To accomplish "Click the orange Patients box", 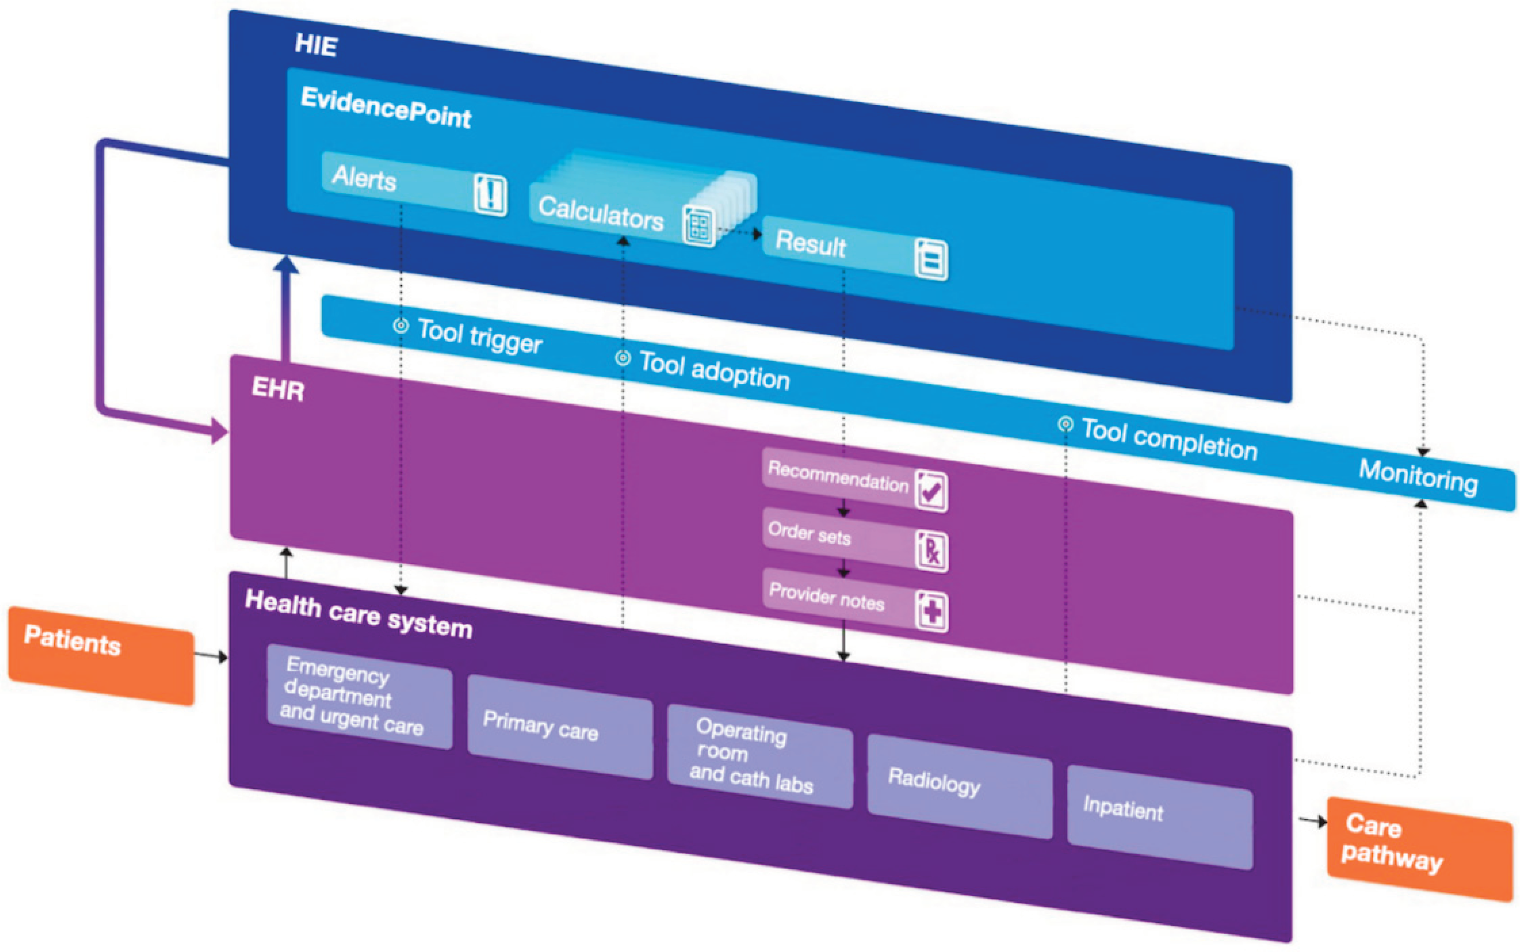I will (x=101, y=655).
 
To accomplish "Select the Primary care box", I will (x=560, y=727).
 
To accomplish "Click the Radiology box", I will (x=959, y=786).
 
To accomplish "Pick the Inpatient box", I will (x=1159, y=817).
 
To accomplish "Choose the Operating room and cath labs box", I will (x=760, y=755).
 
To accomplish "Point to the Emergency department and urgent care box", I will (x=359, y=696).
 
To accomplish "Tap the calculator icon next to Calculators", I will (x=699, y=225).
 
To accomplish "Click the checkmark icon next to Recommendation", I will (x=931, y=491).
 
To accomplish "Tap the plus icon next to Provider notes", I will (x=931, y=611).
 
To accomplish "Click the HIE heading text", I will (x=316, y=45).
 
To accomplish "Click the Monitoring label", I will (x=1418, y=477).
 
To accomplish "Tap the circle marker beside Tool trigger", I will (x=401, y=325).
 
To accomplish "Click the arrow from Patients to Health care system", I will (x=210, y=656).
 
